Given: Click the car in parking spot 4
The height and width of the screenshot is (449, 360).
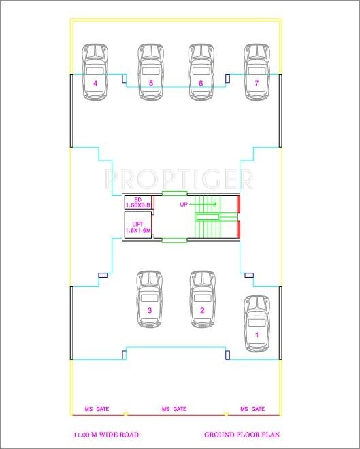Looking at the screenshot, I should (x=96, y=68).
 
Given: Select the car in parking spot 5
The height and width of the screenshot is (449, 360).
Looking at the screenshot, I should (x=151, y=68).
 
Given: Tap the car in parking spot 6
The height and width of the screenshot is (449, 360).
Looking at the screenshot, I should (x=201, y=68).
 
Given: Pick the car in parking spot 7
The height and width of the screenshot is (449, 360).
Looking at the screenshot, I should (x=257, y=68).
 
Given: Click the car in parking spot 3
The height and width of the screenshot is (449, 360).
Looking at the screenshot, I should (x=150, y=296).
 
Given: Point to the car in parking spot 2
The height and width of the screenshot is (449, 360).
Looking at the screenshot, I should (x=202, y=296).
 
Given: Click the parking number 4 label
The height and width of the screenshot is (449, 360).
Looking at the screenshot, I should (x=96, y=84).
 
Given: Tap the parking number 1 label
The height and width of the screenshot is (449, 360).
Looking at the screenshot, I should (x=257, y=335).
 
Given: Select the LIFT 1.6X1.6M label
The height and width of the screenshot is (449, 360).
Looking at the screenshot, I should (x=137, y=227).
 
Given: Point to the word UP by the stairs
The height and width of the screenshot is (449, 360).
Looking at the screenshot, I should (x=184, y=204).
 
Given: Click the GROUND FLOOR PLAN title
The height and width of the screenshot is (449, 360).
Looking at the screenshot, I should (x=242, y=434).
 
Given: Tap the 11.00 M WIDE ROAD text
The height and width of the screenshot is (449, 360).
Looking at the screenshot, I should (x=105, y=434).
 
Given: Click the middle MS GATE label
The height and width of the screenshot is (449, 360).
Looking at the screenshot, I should (x=174, y=409).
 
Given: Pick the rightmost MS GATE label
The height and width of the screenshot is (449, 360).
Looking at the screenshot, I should (x=252, y=409).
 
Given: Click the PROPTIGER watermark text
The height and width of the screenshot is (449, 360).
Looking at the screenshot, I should (x=179, y=179).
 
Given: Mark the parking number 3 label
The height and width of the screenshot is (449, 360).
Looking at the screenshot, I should (x=150, y=311).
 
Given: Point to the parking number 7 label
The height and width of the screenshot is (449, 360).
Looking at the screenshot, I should (x=257, y=84).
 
